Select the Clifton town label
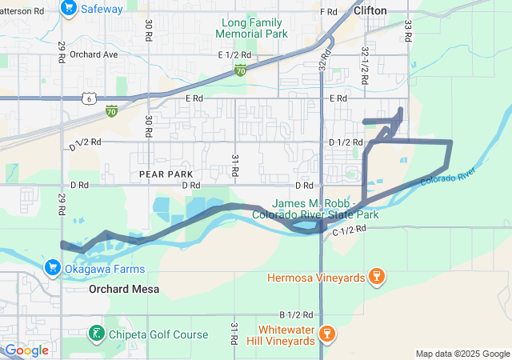coord(370,10)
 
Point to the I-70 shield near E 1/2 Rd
coord(241,71)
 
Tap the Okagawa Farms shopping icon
coord(53,266)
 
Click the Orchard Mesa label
coord(124,289)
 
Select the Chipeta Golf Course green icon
coord(95,333)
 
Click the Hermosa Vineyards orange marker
coord(377,277)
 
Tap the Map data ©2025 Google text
coord(462,354)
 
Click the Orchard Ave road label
coord(93,55)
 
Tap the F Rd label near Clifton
coord(328,12)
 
